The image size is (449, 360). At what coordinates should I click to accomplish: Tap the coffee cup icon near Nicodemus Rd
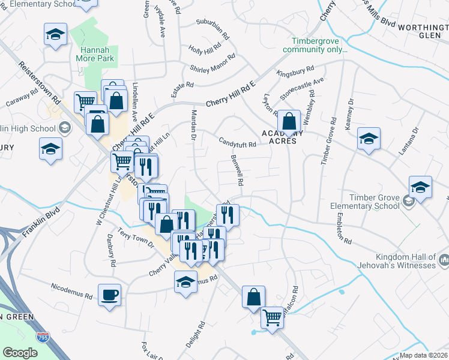(x=109, y=295)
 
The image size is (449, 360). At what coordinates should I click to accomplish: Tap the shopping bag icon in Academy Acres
(x=290, y=122)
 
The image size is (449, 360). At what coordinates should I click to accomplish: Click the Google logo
(x=20, y=353)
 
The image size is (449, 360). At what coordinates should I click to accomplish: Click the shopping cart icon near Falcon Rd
(x=273, y=317)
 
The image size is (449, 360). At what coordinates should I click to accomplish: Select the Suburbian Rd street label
(x=213, y=29)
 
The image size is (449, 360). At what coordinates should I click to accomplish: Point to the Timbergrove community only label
(x=315, y=45)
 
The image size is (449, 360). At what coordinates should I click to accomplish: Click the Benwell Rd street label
(x=236, y=171)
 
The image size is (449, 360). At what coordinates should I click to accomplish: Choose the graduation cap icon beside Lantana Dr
(x=368, y=140)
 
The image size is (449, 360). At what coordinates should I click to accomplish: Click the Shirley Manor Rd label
(x=212, y=67)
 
